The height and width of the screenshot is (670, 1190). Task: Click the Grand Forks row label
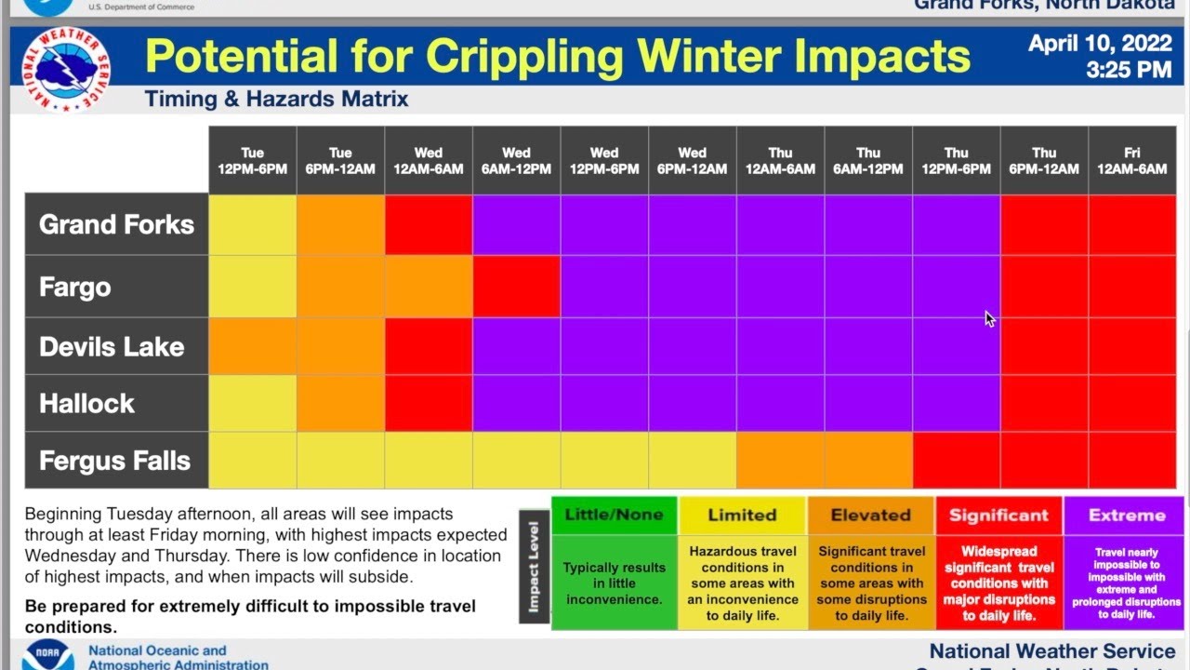click(x=116, y=224)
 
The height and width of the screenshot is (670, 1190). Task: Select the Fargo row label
click(x=75, y=287)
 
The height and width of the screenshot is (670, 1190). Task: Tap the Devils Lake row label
click(x=112, y=347)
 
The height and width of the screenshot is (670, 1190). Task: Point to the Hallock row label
click(x=87, y=404)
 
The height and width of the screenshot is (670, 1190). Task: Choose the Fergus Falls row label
click(x=114, y=461)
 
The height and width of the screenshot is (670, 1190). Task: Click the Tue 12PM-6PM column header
click(x=253, y=161)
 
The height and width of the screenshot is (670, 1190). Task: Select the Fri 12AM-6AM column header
click(x=1131, y=161)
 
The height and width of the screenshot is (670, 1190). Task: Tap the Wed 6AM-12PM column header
click(x=516, y=161)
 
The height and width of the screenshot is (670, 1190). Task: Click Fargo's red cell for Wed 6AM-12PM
click(x=516, y=287)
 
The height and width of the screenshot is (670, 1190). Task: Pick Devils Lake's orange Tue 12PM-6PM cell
click(x=253, y=347)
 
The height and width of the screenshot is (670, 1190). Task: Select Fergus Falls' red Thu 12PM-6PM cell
click(x=956, y=461)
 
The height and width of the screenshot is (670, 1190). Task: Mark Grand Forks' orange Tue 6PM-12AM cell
click(x=340, y=224)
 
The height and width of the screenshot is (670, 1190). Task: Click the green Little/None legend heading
click(x=614, y=515)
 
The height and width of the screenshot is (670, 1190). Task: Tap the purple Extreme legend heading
click(x=1126, y=515)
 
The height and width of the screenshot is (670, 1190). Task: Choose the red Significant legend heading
click(x=998, y=515)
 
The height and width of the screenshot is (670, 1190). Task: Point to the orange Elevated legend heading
click(x=870, y=515)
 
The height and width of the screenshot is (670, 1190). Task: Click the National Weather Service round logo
click(x=65, y=70)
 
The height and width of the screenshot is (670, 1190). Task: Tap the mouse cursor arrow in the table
click(x=989, y=318)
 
